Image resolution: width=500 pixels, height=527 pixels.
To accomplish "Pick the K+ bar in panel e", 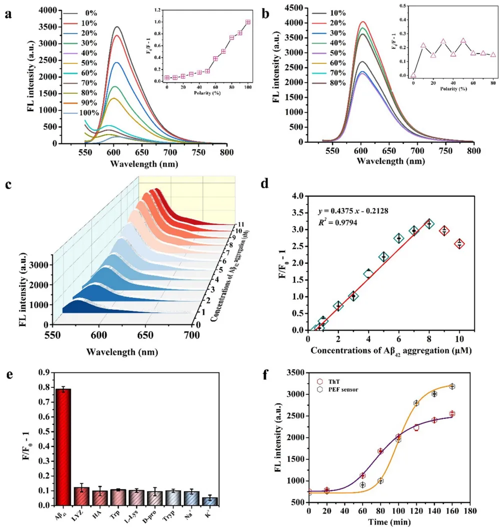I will point(210,501).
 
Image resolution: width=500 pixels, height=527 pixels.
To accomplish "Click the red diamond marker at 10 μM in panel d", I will point(459,244).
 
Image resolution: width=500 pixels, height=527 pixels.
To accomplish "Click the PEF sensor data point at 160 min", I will point(452,386).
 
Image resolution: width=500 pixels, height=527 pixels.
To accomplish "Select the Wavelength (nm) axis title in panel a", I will point(143,164).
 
